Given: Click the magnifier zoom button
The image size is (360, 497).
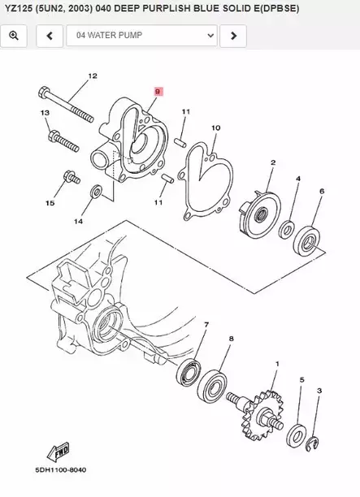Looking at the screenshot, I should tap(16, 36).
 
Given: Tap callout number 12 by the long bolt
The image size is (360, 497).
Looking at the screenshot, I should tap(92, 76).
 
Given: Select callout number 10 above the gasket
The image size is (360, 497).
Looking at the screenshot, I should tap(215, 128).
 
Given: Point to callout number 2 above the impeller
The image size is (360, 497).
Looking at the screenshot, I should tap(272, 162).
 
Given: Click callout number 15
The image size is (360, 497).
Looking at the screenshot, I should tap(49, 203).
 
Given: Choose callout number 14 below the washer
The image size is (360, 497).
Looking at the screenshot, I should tap(78, 221).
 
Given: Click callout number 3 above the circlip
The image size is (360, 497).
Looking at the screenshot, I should tap(319, 391).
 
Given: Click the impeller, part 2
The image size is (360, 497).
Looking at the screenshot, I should tap(258, 213).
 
